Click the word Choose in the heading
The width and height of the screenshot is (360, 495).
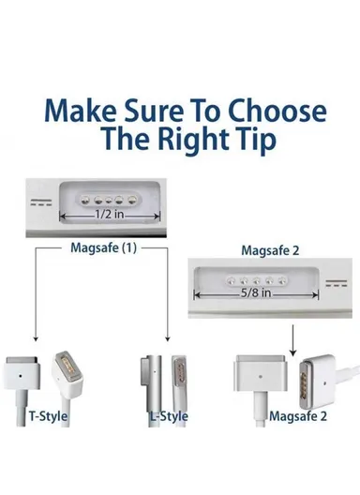pyautogui.click(x=277, y=112)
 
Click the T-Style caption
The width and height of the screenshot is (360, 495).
pyautogui.click(x=48, y=415)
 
